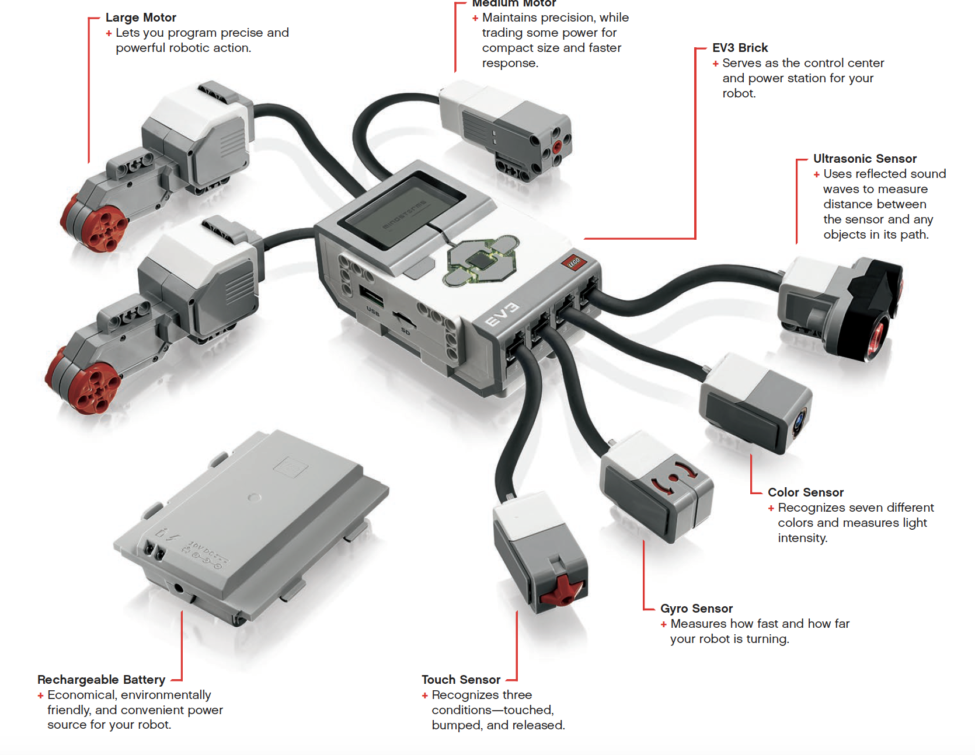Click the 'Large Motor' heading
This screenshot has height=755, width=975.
[x=141, y=18]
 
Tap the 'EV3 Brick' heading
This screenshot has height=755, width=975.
[x=740, y=48]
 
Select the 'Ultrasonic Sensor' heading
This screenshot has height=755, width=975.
[x=865, y=159]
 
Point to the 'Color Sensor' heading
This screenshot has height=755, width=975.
[x=805, y=492]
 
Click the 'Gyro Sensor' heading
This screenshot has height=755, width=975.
[x=696, y=609]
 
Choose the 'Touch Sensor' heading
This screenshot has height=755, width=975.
[x=461, y=680]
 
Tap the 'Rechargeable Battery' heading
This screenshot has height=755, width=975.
[x=101, y=680]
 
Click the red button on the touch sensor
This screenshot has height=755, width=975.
[x=561, y=591]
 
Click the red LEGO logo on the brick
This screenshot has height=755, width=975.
[x=574, y=263]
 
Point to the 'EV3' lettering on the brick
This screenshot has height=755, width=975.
[x=502, y=315]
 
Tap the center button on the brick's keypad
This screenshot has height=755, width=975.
[x=480, y=260]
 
